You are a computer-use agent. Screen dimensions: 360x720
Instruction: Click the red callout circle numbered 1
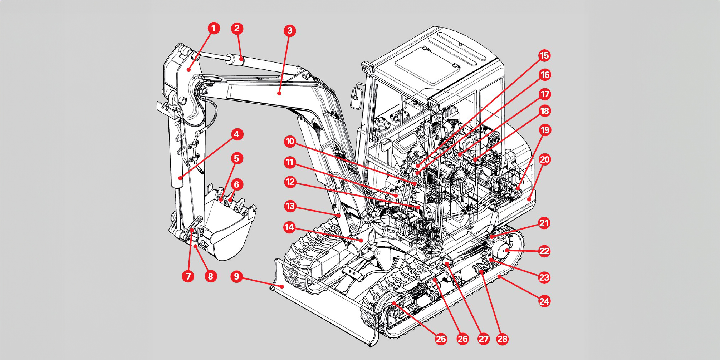click(x=214, y=28)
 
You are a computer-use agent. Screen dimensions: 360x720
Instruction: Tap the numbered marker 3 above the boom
click(x=290, y=30)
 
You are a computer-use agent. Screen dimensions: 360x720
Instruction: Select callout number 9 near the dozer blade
click(x=236, y=277)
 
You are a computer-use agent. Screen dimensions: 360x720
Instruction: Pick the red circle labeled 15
click(x=544, y=56)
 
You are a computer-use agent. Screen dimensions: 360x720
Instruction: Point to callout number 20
click(x=544, y=159)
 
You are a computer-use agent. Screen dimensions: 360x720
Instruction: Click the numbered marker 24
click(x=544, y=301)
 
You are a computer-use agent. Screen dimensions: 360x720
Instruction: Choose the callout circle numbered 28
click(x=502, y=339)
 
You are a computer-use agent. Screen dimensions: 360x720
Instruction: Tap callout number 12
click(x=290, y=182)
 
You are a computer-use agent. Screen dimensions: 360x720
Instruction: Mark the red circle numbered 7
click(x=188, y=276)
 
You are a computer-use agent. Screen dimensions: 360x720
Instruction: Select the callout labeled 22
click(x=544, y=251)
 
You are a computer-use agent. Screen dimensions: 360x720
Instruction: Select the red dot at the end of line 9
click(x=282, y=286)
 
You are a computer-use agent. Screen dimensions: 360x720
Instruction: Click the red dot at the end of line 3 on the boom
click(x=279, y=94)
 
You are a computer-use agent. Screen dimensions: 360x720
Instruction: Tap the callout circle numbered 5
click(x=236, y=158)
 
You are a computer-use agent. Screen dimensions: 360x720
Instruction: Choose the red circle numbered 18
click(x=544, y=111)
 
